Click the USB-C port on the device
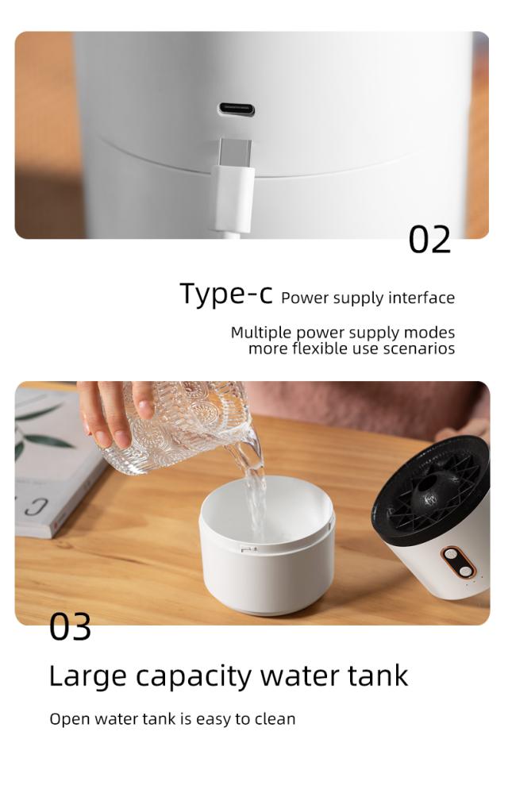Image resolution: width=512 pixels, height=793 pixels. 237,110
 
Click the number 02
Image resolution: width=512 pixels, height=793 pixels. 429,240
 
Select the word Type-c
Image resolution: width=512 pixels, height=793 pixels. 226,294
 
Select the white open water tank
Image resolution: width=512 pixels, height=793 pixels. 267,545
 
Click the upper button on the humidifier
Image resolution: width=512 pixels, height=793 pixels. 452,556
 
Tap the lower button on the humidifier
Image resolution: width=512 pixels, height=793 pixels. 465,572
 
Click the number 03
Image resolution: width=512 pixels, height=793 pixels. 71,627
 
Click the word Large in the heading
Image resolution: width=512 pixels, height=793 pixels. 87,676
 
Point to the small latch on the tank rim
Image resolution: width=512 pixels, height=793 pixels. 248,549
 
